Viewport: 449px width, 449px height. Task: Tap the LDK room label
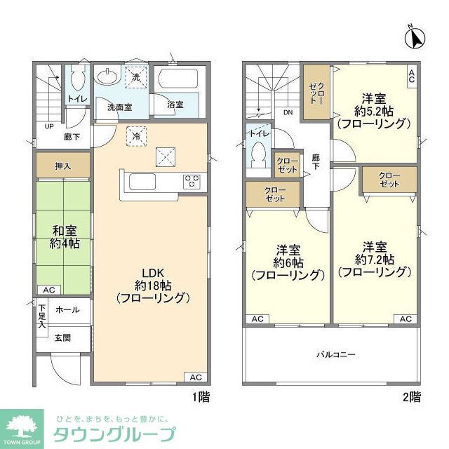(x=153, y=272)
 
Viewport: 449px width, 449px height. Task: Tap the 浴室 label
(x=175, y=105)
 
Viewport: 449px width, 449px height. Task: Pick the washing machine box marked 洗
(x=136, y=76)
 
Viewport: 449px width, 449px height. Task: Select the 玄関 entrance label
(x=63, y=337)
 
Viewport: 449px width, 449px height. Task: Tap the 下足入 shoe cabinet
(x=42, y=316)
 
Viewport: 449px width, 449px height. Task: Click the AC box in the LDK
(x=195, y=377)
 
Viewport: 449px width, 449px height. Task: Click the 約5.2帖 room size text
(x=373, y=111)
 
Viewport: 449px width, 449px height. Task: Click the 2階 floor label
(x=412, y=396)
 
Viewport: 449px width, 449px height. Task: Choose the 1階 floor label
(x=201, y=396)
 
